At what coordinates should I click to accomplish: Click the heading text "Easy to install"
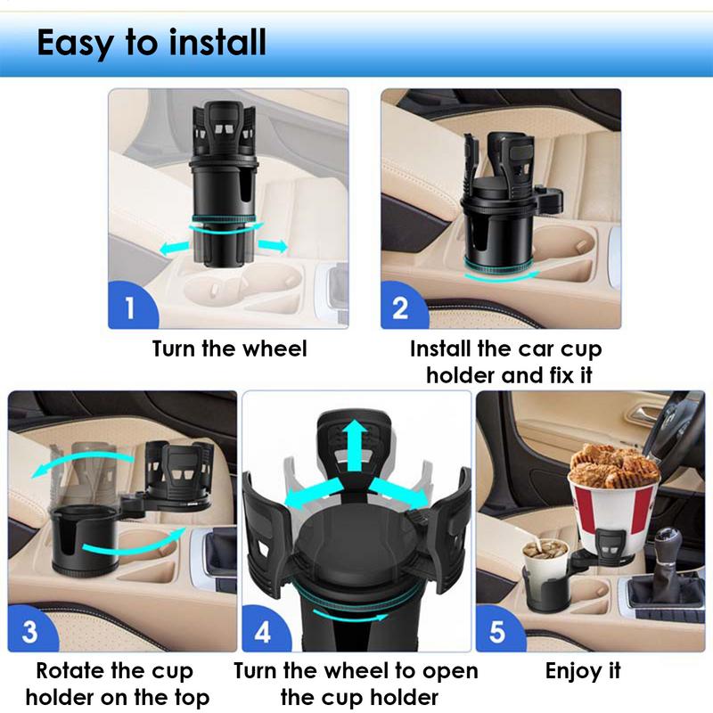tap(152, 42)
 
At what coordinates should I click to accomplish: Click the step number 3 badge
tap(29, 632)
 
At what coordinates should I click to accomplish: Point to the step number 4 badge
tap(263, 632)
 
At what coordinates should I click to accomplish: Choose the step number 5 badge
tap(497, 632)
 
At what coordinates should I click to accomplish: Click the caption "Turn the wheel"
tap(229, 348)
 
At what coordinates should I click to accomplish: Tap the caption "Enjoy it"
tap(583, 671)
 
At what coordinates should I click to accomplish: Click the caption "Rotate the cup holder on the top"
tap(122, 684)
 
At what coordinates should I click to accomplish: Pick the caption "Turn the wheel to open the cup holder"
tap(356, 684)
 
